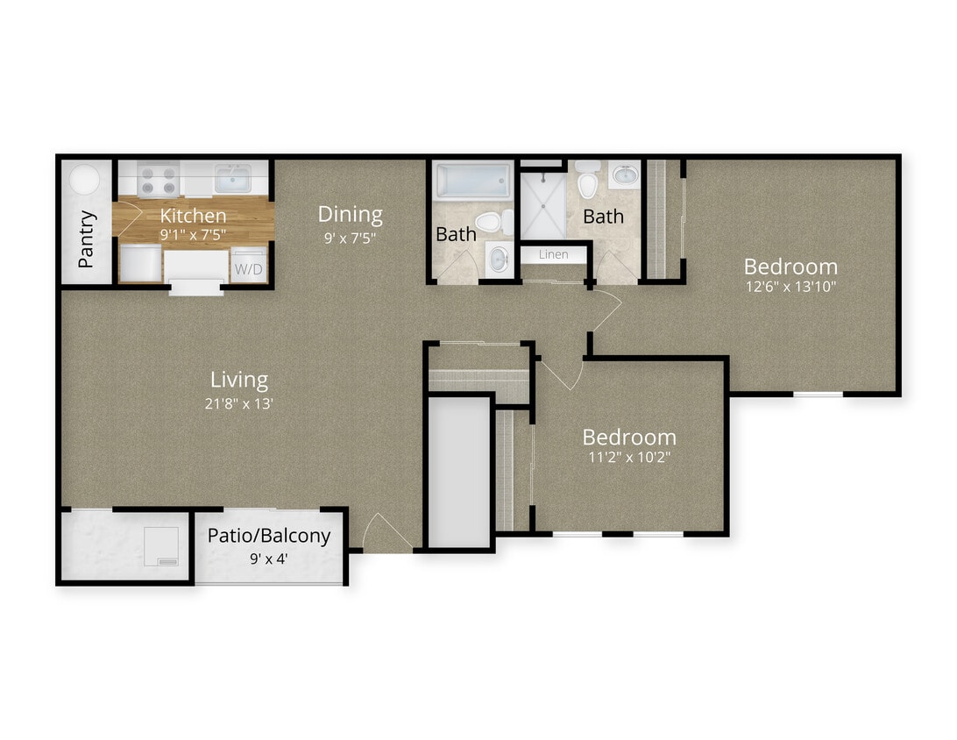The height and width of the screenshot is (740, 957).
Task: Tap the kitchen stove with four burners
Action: click(159, 180)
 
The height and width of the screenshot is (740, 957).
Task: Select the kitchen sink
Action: click(232, 179)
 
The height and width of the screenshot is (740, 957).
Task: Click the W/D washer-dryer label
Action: click(247, 268)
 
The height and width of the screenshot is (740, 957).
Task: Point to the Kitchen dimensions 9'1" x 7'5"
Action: click(193, 235)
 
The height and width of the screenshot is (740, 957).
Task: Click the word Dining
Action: click(350, 214)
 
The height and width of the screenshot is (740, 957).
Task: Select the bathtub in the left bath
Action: click(473, 181)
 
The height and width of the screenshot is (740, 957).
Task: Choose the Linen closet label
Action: click(553, 254)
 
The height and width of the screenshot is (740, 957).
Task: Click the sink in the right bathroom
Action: click(624, 176)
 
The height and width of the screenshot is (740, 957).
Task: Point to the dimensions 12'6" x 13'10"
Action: click(790, 287)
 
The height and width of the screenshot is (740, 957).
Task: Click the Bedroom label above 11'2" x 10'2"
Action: click(629, 437)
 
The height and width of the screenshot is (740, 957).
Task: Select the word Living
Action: click(239, 380)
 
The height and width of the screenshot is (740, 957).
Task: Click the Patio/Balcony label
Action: click(269, 536)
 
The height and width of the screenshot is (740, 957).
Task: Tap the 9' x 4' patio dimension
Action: click(269, 557)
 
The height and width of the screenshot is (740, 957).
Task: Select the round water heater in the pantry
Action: click(86, 180)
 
